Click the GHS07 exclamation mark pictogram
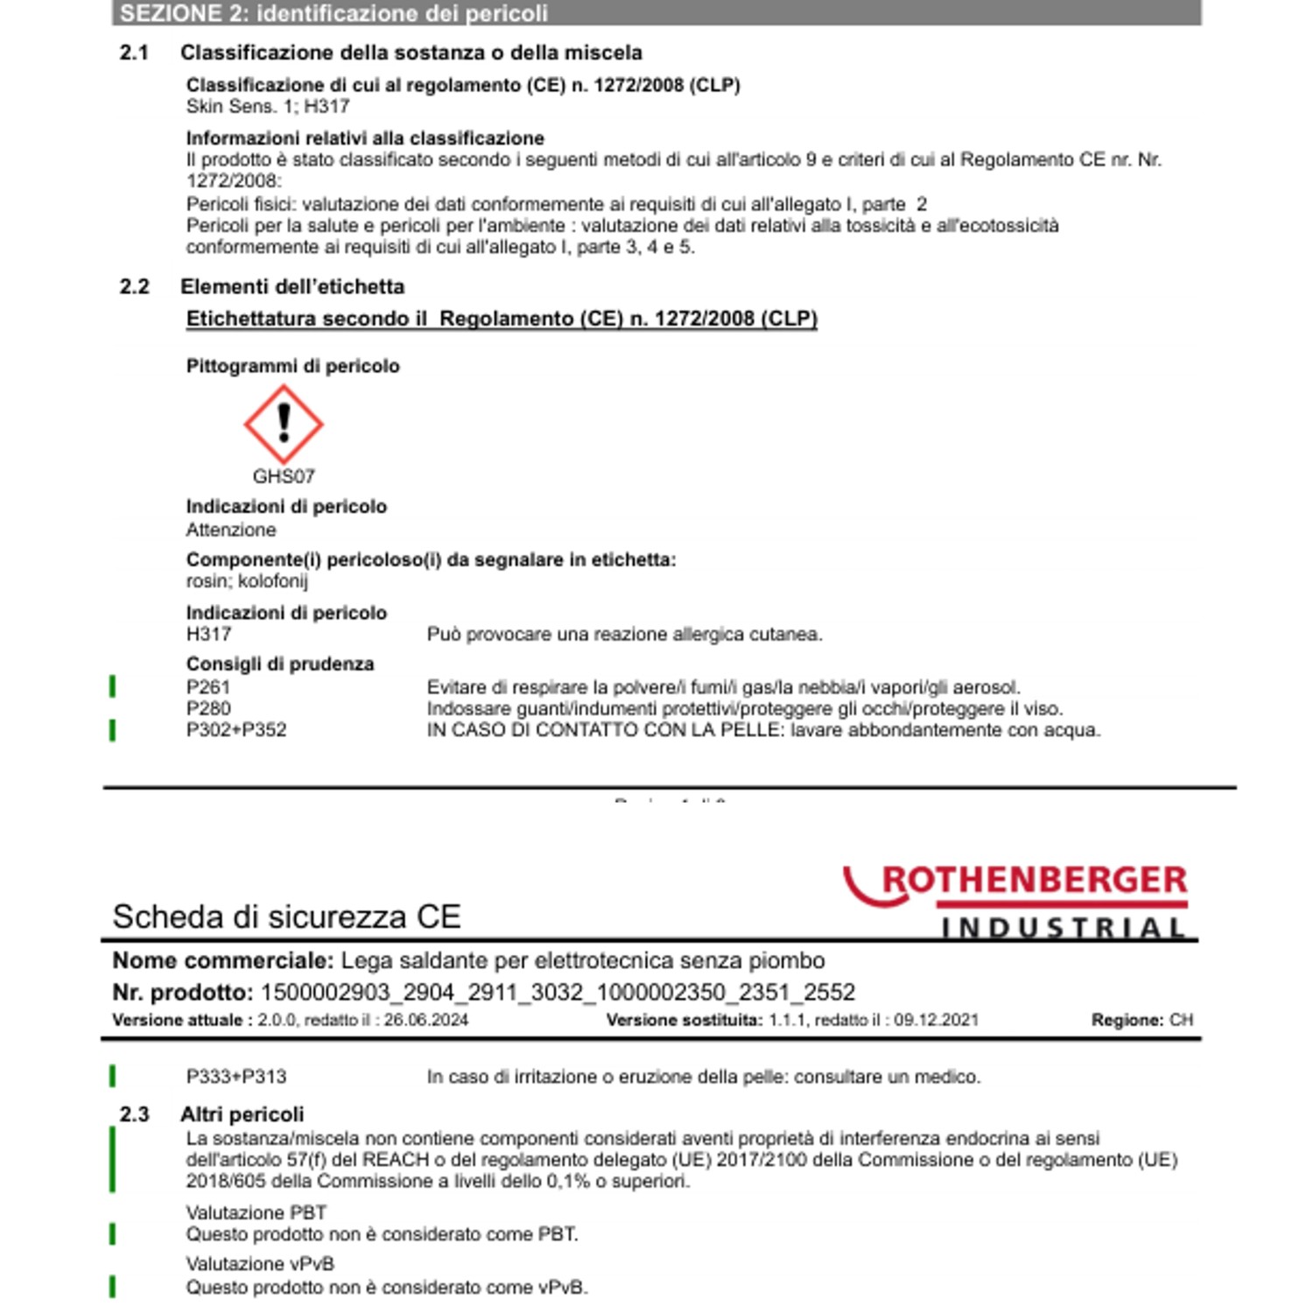click(x=284, y=424)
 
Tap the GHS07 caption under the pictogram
click(x=284, y=476)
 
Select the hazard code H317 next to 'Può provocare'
click(x=208, y=634)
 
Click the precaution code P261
click(x=208, y=687)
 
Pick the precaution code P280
click(x=208, y=708)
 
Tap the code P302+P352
click(x=236, y=729)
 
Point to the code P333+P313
click(x=236, y=1077)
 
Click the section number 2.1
click(x=134, y=53)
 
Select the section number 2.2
click(x=134, y=286)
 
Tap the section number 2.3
click(x=134, y=1114)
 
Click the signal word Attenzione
click(x=231, y=530)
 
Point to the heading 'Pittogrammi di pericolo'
click(x=292, y=366)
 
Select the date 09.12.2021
click(x=936, y=1020)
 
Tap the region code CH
click(x=1181, y=1020)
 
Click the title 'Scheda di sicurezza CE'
click(x=286, y=916)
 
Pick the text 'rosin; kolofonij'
click(x=247, y=580)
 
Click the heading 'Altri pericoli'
click(x=242, y=1114)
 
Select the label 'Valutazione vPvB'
click(x=260, y=1264)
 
